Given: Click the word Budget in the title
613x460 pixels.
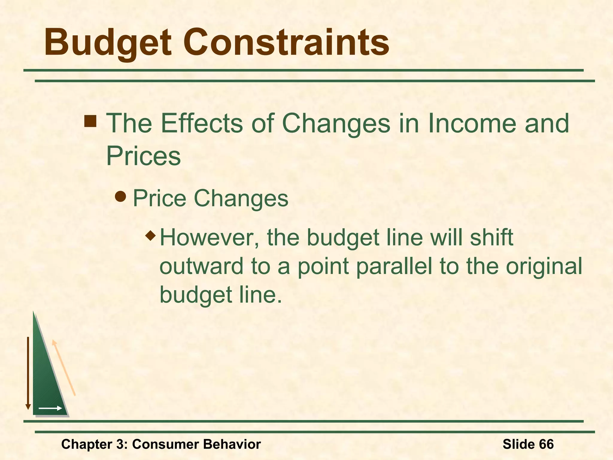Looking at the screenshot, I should [108, 43].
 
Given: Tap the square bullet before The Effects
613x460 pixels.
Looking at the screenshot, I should [90, 121].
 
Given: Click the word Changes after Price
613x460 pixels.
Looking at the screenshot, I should [241, 198].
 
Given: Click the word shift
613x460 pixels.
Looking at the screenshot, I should [491, 237].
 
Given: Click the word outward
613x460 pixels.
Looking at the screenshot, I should [201, 266].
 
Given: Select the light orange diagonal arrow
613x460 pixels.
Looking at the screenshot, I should [63, 368].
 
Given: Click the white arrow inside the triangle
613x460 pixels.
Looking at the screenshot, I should [50, 408].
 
